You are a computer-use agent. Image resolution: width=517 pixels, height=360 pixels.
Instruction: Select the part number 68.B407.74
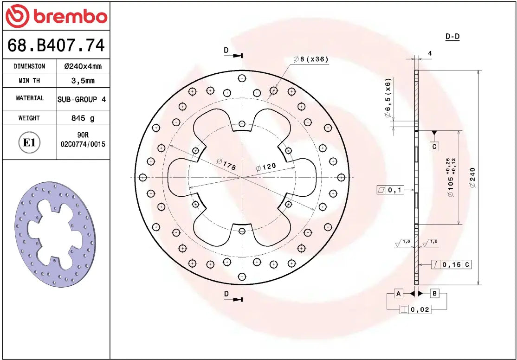(56, 45)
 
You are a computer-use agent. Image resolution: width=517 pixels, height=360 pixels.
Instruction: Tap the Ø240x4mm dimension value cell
(83, 66)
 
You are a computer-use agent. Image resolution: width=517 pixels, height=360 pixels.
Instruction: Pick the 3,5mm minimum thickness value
(83, 80)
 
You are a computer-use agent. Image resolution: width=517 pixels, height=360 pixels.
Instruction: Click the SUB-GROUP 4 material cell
(83, 99)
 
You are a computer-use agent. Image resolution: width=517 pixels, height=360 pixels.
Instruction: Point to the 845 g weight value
(83, 118)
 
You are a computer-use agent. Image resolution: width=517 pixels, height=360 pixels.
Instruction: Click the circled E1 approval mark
(29, 142)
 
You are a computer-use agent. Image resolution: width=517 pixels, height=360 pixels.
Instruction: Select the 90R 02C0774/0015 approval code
(83, 140)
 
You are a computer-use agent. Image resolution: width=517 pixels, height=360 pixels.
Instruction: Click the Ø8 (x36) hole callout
(310, 59)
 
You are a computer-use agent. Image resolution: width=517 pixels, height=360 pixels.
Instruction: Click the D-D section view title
(452, 37)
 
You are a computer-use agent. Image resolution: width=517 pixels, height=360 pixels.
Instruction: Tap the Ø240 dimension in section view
(472, 177)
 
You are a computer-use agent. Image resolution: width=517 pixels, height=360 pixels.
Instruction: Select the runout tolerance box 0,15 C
(451, 265)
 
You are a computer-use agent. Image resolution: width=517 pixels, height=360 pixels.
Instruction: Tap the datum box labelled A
(398, 293)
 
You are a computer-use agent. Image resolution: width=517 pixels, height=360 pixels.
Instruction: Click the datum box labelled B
(434, 293)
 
